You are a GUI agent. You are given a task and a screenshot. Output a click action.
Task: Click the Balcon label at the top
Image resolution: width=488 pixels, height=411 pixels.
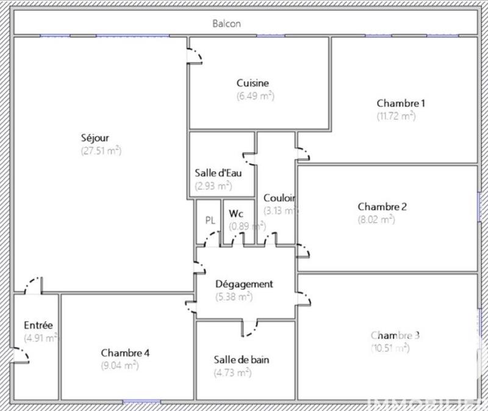coord(226,24)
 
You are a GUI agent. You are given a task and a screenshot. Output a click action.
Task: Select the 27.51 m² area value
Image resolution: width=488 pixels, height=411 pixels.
coord(101,151)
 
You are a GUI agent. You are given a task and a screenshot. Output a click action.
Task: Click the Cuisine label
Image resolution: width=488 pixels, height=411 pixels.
coord(253,83)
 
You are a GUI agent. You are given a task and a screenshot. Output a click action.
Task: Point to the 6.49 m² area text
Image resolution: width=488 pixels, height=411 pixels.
coord(255,96)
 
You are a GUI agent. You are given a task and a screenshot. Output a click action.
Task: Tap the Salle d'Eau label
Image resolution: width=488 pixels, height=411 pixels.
coord(218,172)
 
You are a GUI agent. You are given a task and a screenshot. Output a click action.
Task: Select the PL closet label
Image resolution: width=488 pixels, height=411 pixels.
coord(210,220)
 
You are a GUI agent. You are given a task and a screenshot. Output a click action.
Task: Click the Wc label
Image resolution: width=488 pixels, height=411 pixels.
coord(236,214)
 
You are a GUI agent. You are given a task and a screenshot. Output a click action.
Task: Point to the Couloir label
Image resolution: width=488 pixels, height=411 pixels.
coord(279,198)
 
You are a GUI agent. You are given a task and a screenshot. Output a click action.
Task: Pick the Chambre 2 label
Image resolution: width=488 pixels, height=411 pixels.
coord(382,206)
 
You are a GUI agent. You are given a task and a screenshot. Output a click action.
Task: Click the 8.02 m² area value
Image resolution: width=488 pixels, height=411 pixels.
coord(376,219)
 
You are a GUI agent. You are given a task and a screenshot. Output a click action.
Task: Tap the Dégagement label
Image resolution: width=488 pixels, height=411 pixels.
coord(244,284)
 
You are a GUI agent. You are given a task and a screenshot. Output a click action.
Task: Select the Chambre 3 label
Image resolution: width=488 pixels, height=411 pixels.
coord(395,335)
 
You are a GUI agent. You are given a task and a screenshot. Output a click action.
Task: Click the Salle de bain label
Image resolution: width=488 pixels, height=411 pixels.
coord(242,360)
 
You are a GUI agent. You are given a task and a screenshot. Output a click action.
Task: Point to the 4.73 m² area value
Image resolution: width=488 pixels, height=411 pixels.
coord(232,373)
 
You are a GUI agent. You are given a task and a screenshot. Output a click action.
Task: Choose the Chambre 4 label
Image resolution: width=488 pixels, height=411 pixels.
coord(125,352)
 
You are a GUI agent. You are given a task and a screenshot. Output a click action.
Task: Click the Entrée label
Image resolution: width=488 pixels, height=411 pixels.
coord(38,325)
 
